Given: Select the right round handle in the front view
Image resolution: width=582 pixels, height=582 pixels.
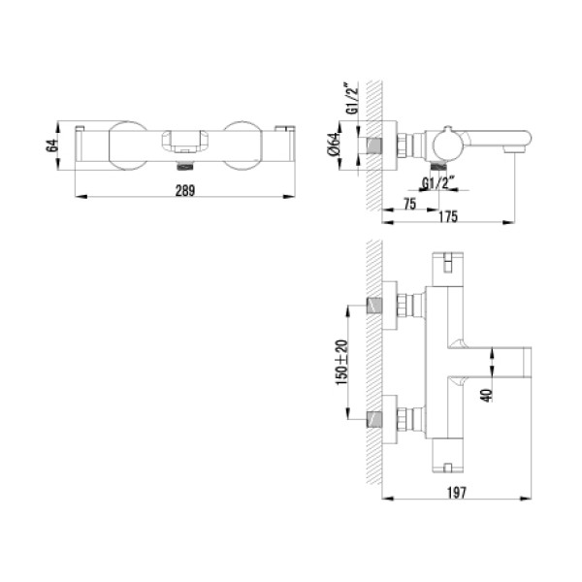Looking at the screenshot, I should coord(243,145).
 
